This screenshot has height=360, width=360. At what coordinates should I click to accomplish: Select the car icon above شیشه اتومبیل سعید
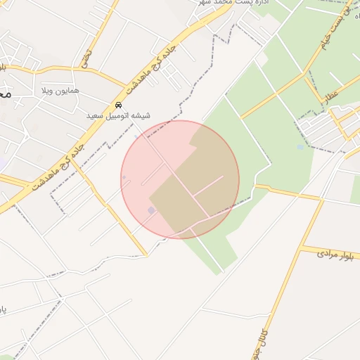[x=118, y=105]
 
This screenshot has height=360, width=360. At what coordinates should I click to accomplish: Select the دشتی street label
[x=86, y=58]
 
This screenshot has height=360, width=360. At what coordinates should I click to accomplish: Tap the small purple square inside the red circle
[x=151, y=210]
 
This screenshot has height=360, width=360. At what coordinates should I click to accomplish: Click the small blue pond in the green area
[x=300, y=147]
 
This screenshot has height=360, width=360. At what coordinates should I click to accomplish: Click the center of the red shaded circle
[x=180, y=179]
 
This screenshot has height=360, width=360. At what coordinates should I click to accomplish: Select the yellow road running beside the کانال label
[x=278, y=309]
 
